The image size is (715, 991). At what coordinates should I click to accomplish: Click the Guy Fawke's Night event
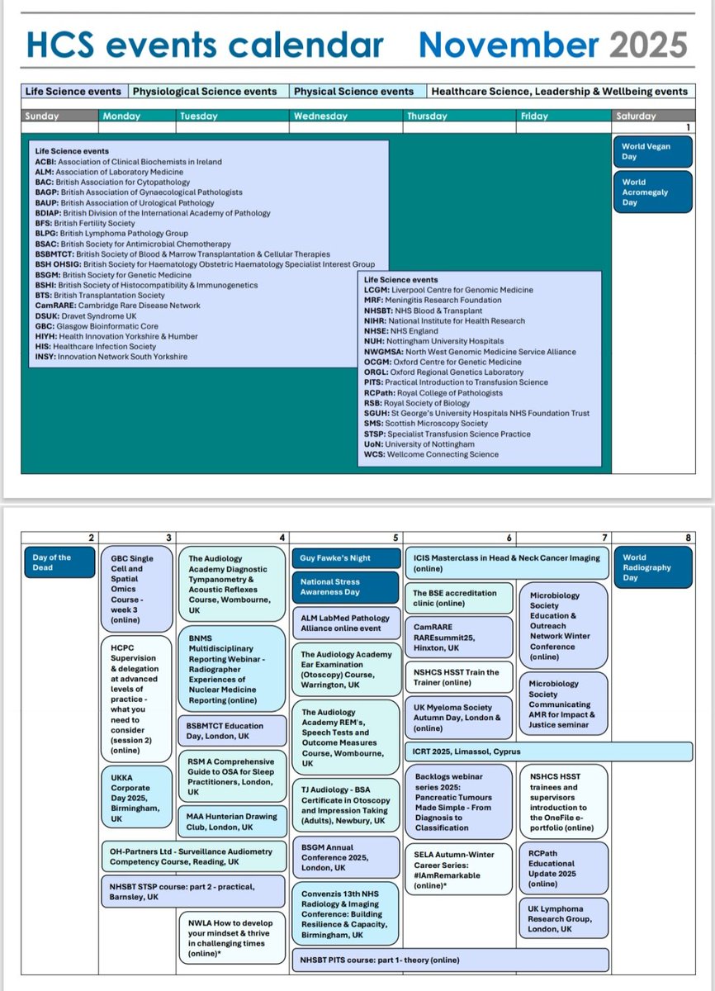pyautogui.click(x=345, y=558)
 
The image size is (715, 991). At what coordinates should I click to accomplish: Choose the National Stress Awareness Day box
pyautogui.click(x=345, y=587)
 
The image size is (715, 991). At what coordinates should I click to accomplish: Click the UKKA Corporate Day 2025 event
pyautogui.click(x=135, y=798)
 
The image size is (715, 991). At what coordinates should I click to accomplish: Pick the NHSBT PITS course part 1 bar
pyautogui.click(x=450, y=960)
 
